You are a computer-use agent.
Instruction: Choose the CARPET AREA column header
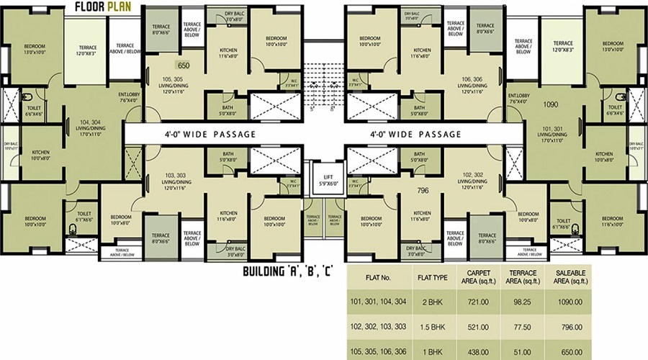[481, 277]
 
